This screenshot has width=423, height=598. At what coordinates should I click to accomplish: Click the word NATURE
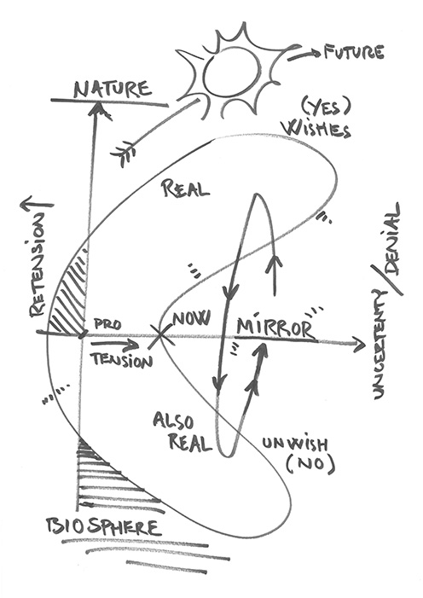113,90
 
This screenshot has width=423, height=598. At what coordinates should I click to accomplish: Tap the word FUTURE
354,52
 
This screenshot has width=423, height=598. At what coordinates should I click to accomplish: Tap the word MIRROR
275,328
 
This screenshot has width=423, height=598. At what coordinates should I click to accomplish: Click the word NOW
192,318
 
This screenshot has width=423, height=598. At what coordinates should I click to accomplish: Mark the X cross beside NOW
159,335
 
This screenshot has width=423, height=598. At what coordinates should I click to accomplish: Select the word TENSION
122,360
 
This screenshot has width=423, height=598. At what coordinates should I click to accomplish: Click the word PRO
107,324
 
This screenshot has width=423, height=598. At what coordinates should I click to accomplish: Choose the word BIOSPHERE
103,527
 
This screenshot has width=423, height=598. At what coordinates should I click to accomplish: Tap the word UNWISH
294,444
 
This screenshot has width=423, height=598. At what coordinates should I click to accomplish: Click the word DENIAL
391,239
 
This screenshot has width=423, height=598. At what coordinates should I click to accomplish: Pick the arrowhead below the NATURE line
97,109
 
